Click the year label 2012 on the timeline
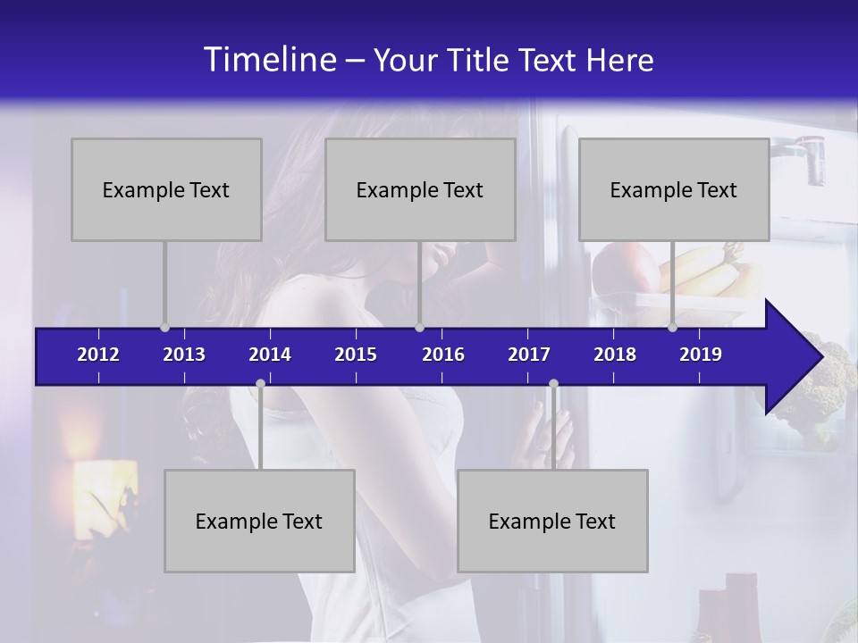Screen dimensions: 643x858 coord(98,355)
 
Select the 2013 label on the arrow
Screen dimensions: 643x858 coord(184,355)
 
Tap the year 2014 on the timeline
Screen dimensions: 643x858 coord(270,355)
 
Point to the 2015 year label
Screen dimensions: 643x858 coord(356,355)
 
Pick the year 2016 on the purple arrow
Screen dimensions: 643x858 coord(443,355)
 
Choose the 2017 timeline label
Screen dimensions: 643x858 coord(529,355)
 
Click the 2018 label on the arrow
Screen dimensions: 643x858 coord(615,355)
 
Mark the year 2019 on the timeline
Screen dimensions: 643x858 coord(701,355)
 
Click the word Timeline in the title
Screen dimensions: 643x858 coord(270,60)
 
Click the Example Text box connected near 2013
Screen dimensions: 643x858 coord(166,189)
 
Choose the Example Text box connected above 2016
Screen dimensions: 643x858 coord(420,189)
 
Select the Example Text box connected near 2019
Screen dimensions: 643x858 coord(674,189)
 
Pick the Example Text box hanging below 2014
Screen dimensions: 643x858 coord(259,521)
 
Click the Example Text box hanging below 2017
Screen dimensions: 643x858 coord(552,521)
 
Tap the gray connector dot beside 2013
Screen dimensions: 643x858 coord(164,327)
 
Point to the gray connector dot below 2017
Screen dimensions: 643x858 coord(553,384)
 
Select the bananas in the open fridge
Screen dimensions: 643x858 coord(706,272)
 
